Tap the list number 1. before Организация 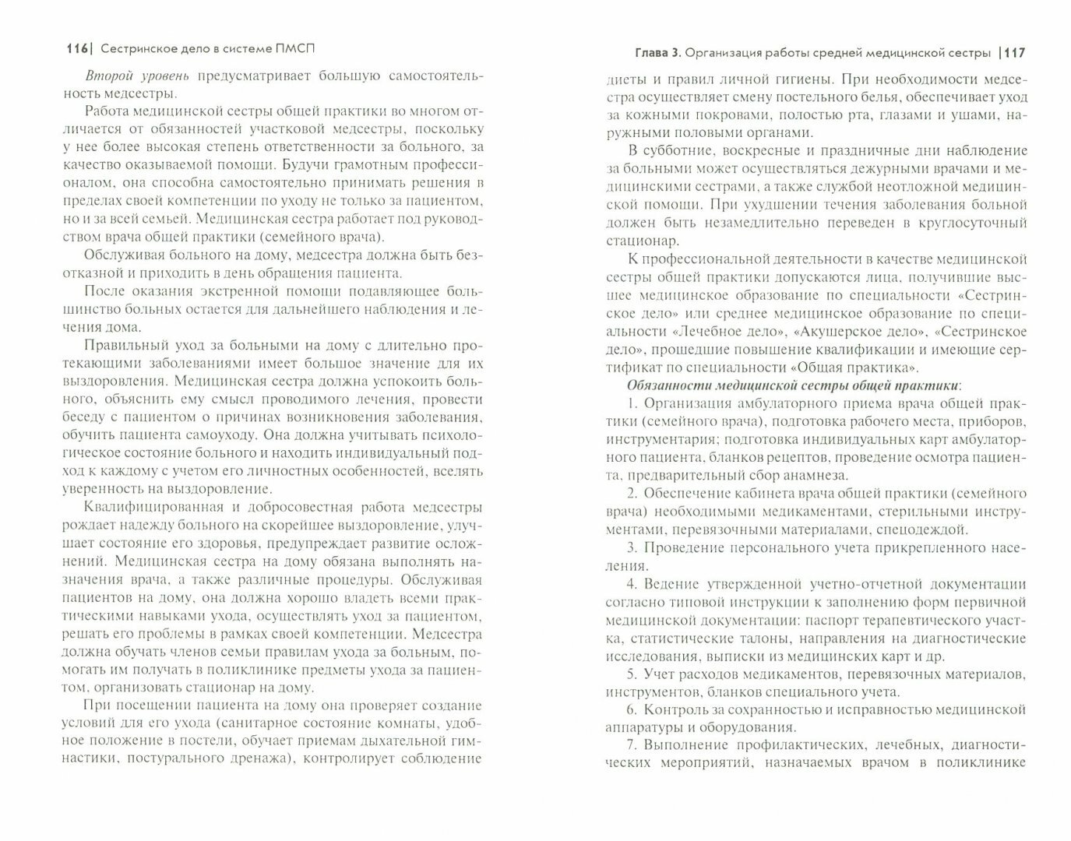(632, 403)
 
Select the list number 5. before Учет (632, 674)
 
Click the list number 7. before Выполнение (632, 745)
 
